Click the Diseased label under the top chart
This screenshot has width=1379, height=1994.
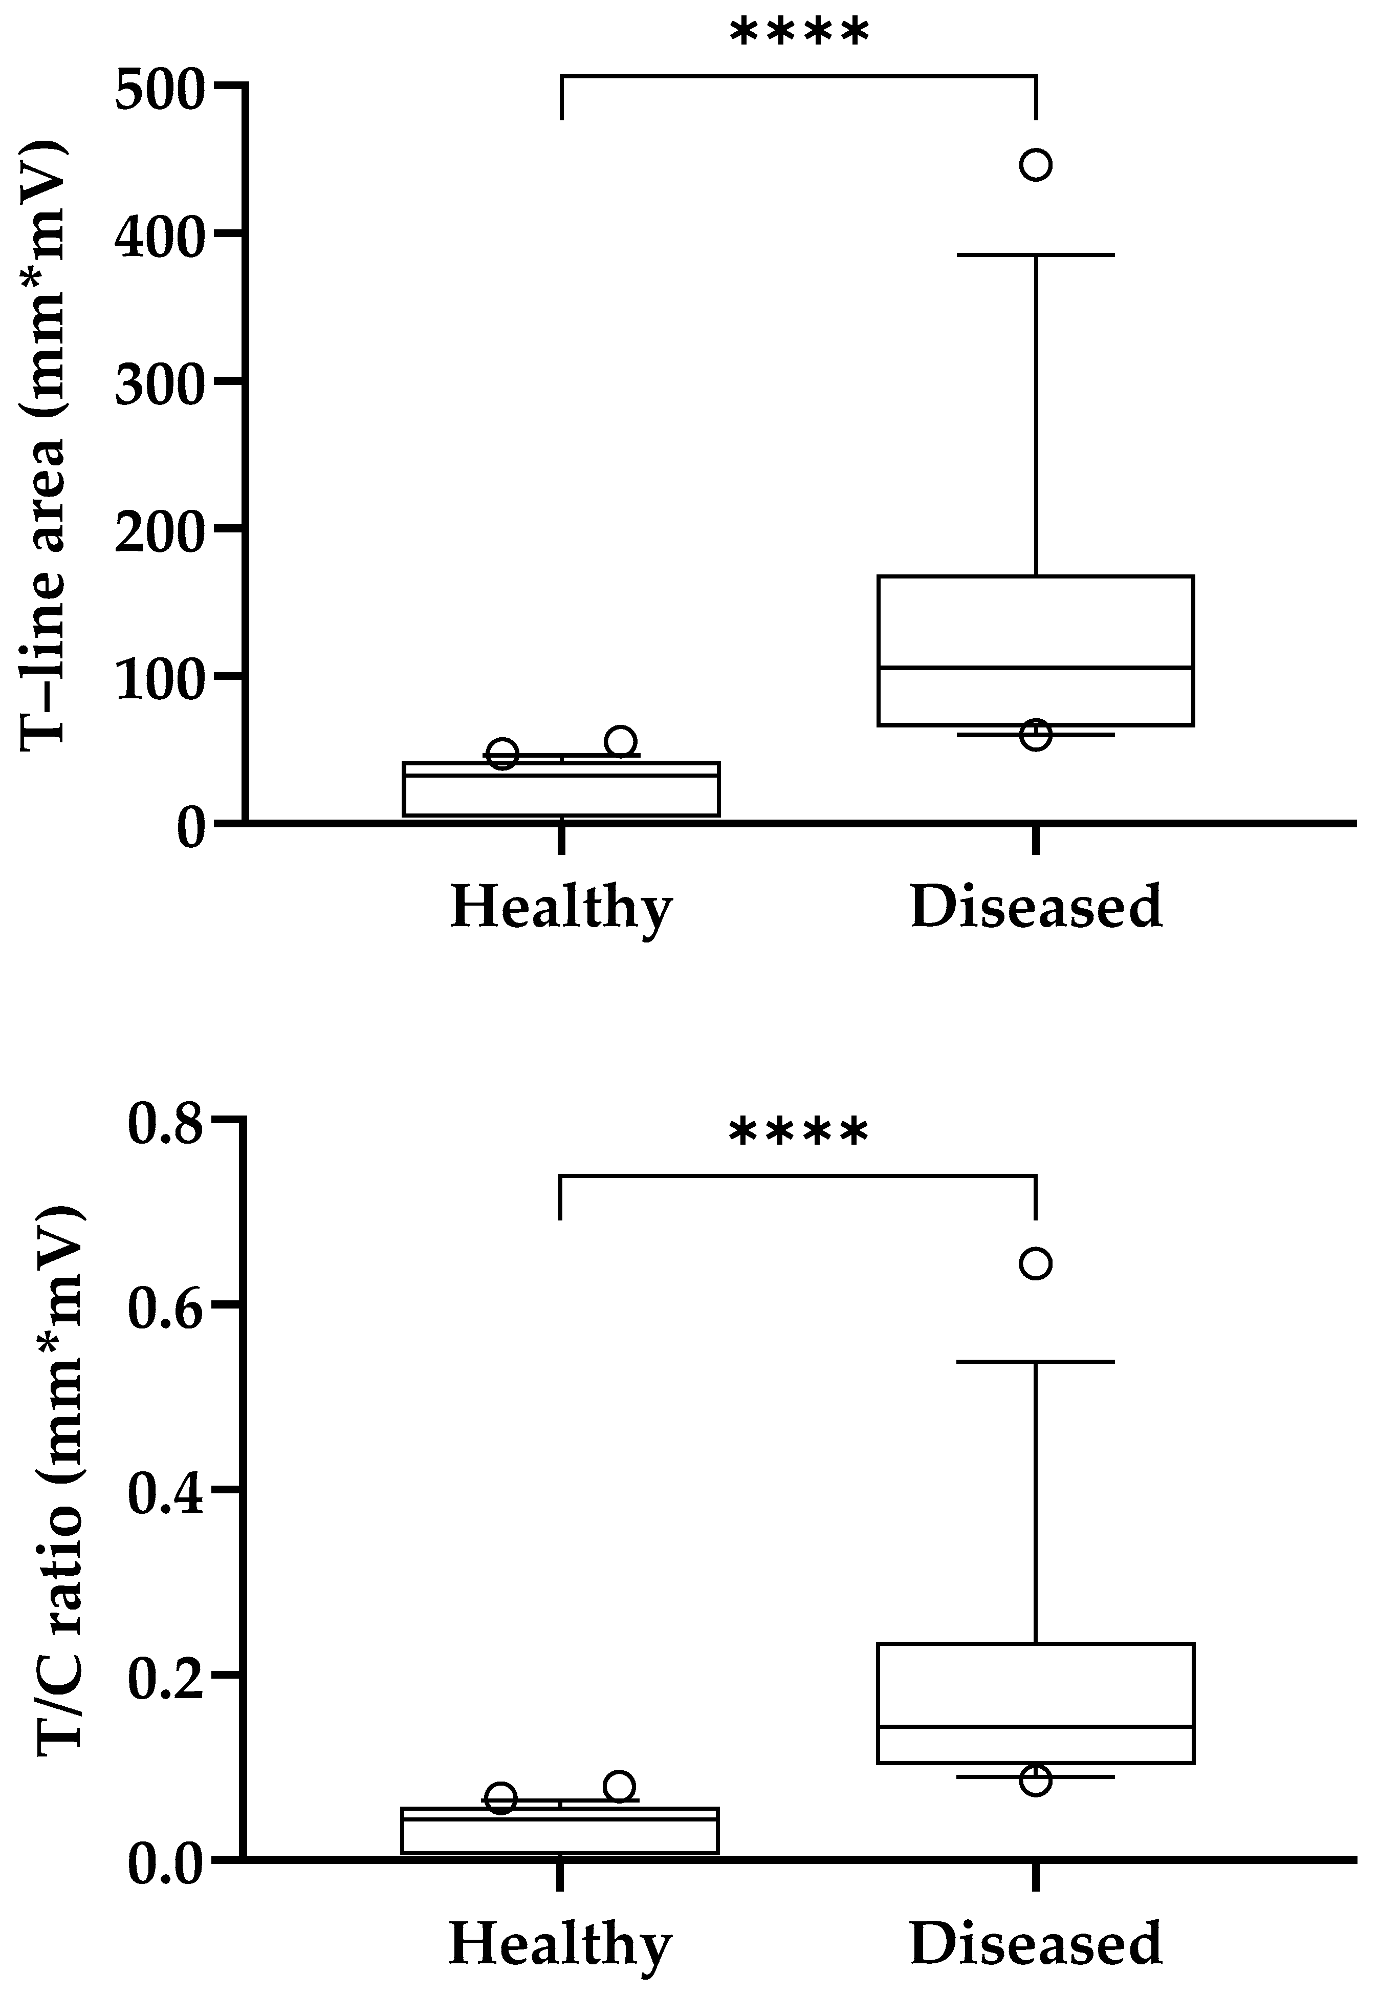(1036, 908)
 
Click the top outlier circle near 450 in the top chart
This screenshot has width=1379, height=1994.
(1036, 164)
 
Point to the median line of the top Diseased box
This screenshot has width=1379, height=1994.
(1036, 667)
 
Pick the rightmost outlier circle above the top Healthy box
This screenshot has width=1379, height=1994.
(620, 741)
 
